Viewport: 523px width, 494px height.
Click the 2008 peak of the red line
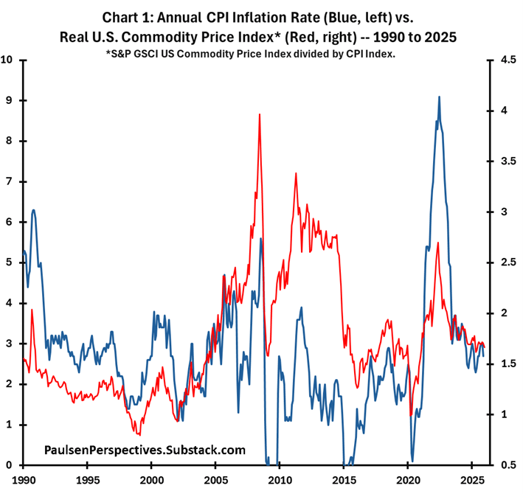tap(260, 114)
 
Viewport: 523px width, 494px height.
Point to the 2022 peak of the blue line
tap(440, 97)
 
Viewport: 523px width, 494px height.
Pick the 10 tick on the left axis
tap(9, 60)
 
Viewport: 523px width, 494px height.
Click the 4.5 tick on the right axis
tap(507, 60)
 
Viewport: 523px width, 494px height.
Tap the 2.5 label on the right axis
tap(507, 262)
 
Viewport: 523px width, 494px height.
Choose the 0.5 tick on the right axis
tap(507, 465)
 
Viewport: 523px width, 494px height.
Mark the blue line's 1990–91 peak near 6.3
tap(33, 210)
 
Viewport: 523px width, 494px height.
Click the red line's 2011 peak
tap(295, 173)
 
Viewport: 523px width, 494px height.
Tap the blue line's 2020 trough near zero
tap(412, 460)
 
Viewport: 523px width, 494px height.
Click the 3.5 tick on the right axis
tap(507, 161)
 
